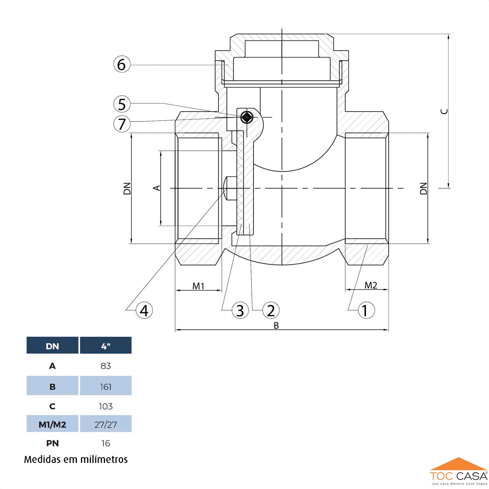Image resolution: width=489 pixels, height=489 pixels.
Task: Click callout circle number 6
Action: pyautogui.click(x=121, y=64)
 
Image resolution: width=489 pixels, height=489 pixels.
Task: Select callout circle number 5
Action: pyautogui.click(x=122, y=104)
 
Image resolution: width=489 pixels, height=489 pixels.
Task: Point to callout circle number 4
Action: pyautogui.click(x=144, y=311)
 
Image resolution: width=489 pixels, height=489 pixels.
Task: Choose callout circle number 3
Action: pyautogui.click(x=240, y=311)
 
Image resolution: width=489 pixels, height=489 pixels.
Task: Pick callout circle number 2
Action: pyautogui.click(x=271, y=311)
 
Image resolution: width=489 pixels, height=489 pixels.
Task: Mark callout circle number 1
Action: pyautogui.click(x=366, y=311)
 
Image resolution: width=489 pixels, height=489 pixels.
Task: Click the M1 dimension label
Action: pyautogui.click(x=198, y=286)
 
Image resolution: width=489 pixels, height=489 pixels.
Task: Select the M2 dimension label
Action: pyautogui.click(x=371, y=285)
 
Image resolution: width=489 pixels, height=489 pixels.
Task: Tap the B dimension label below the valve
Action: pyautogui.click(x=276, y=326)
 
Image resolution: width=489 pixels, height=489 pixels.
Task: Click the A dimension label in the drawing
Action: pyautogui.click(x=156, y=187)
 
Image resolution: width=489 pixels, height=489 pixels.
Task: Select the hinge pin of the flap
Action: pyautogui.click(x=247, y=117)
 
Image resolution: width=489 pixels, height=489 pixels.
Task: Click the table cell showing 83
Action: pyautogui.click(x=106, y=366)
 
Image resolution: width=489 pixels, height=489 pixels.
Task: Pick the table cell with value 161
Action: pyautogui.click(x=106, y=386)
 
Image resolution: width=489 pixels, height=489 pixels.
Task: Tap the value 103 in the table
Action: pyautogui.click(x=106, y=406)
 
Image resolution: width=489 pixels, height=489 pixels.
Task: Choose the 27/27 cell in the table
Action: pyautogui.click(x=106, y=425)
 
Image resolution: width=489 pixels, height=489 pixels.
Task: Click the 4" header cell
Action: pyautogui.click(x=106, y=346)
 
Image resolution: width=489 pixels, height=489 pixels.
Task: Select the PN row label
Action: pyautogui.click(x=53, y=443)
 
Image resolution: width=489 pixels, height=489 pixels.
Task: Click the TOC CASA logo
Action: pyautogui.click(x=458, y=474)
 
